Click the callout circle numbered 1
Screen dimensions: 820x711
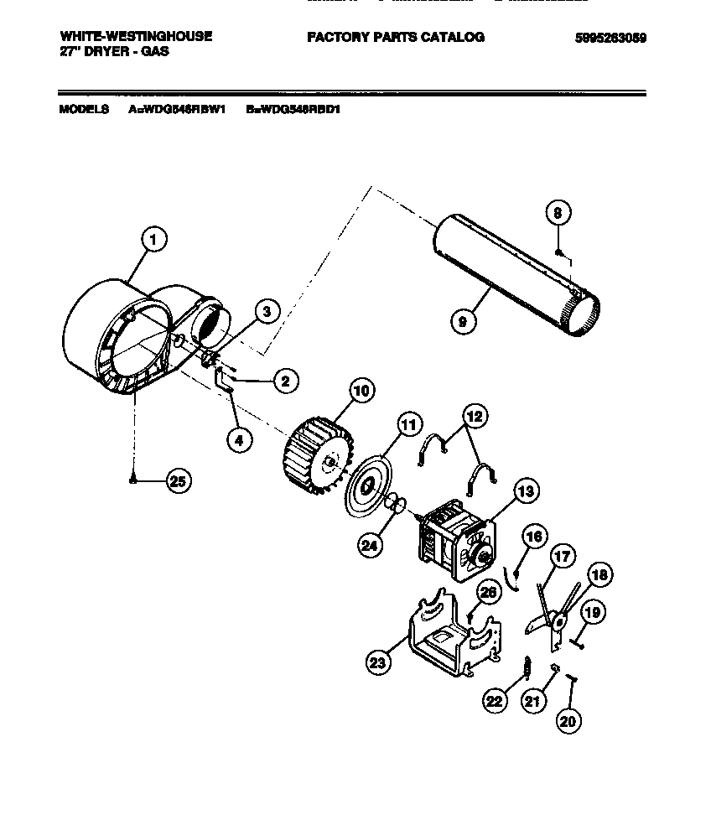click(x=153, y=240)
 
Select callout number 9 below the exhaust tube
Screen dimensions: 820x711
click(x=462, y=320)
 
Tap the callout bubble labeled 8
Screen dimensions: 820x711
click(x=558, y=213)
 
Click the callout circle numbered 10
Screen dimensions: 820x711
click(x=361, y=390)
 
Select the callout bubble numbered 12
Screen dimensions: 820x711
click(x=475, y=416)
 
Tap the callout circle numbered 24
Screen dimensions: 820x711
click(x=369, y=545)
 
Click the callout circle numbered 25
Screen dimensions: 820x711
click(x=178, y=480)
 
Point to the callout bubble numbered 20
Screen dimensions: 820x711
click(x=569, y=719)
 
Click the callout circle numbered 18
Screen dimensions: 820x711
click(x=599, y=574)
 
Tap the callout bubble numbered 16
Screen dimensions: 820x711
click(x=534, y=536)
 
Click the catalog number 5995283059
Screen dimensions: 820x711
click(x=610, y=38)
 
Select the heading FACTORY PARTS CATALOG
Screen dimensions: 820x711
click(x=395, y=37)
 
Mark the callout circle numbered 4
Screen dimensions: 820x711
click(x=240, y=440)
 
